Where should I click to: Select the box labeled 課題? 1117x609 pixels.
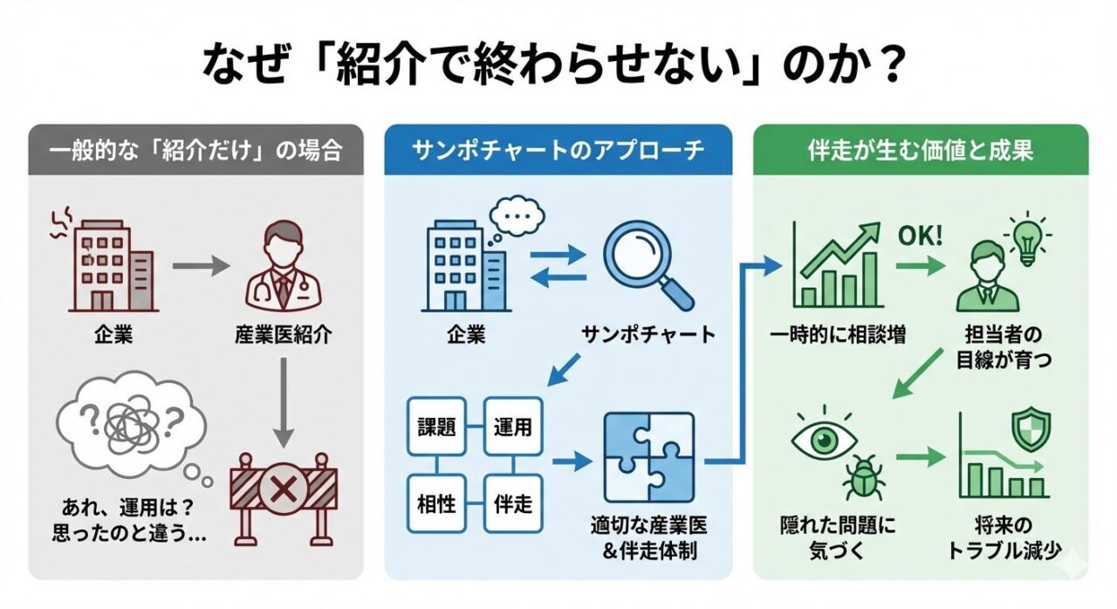point(438,428)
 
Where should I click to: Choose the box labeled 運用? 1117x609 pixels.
point(512,428)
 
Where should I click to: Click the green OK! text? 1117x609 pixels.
point(921,236)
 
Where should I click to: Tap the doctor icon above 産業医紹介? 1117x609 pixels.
point(282,268)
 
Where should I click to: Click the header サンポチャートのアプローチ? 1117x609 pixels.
point(558,150)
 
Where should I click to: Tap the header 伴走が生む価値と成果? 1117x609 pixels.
point(921,150)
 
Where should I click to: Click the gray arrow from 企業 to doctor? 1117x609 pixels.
point(200,267)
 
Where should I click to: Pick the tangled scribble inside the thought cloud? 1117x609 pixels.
point(132,422)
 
